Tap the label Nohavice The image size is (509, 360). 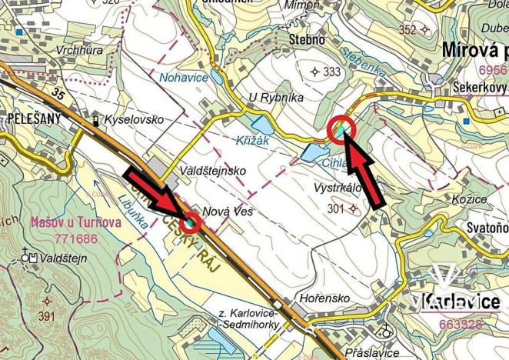pos(181,77)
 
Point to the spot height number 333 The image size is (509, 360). pos(331,72)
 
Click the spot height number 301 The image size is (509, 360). pos(335,208)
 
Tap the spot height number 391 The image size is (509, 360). pos(48,315)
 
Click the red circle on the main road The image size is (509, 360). pos(191,223)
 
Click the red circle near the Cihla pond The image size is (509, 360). pos(340,130)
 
